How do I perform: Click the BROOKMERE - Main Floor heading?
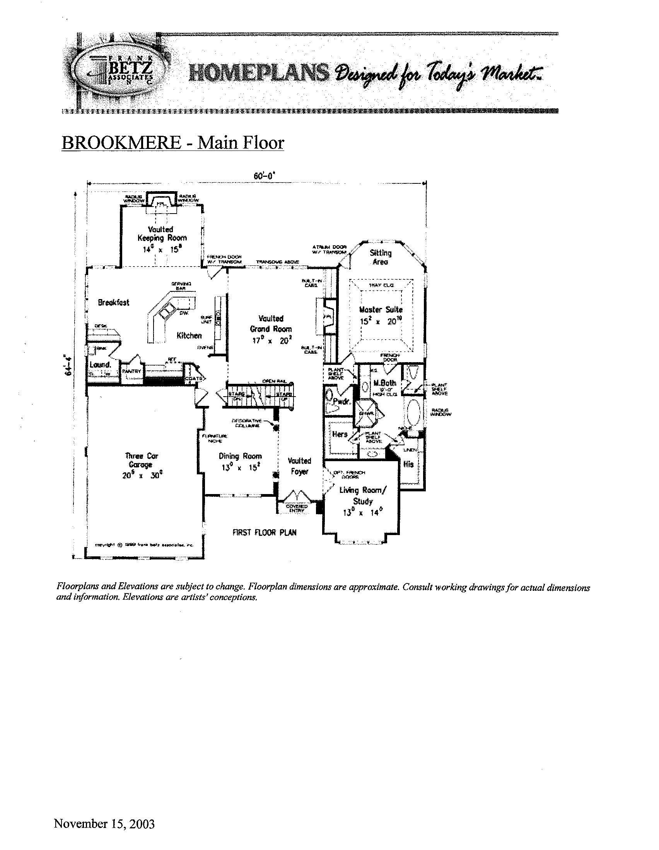coord(173,143)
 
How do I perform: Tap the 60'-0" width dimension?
coord(264,176)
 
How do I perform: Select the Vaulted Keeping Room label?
coord(162,234)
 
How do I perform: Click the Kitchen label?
coord(189,335)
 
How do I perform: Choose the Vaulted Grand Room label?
coord(271,324)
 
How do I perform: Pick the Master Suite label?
coord(381,310)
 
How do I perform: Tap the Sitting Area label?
coord(381,257)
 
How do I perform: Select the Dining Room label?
coord(240,456)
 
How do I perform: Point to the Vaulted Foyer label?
coord(299,466)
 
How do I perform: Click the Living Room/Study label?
coord(363,495)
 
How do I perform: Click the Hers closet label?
coord(340,434)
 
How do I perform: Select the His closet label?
coord(408,464)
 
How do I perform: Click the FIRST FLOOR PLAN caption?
coord(264,532)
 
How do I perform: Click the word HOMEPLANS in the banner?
coord(258,73)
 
